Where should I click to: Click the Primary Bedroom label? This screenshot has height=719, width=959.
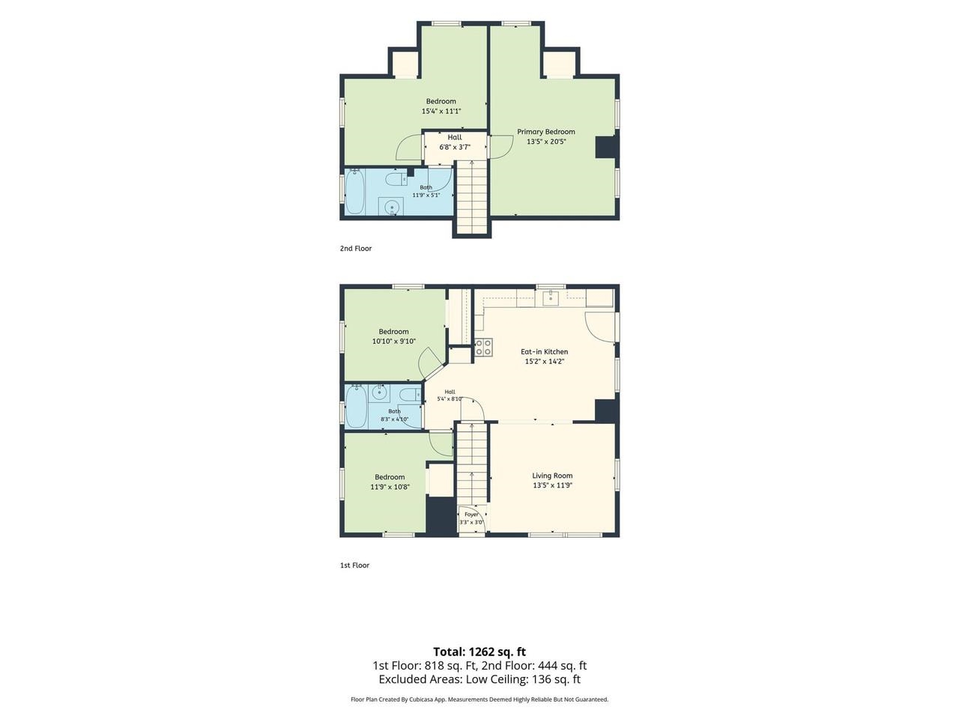point(545,131)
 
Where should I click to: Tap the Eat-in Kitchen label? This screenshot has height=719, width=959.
point(544,351)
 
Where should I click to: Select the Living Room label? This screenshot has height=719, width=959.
point(552,476)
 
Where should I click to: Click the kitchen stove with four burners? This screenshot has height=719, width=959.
point(484,348)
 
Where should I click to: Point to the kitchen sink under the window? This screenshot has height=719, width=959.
point(551,299)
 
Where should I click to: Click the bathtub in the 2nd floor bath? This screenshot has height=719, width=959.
point(354,192)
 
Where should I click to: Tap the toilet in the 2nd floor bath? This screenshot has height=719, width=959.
point(396,179)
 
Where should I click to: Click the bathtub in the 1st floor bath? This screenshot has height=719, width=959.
point(356,407)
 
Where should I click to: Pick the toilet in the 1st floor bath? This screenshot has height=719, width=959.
point(411,395)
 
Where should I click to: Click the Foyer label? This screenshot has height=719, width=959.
point(471,515)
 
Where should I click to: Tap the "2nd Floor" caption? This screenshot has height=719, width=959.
point(356,249)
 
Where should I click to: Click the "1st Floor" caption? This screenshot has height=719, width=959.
point(354,565)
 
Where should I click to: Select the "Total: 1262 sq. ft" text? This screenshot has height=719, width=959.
point(479,652)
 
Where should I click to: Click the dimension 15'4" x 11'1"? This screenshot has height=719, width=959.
point(441,111)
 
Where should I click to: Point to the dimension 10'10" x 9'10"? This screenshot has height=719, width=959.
point(393,341)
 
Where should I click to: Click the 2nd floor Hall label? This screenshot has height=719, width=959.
point(454,137)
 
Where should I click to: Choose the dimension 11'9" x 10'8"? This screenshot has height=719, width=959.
point(390,487)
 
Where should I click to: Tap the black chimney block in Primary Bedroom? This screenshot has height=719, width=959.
point(606,146)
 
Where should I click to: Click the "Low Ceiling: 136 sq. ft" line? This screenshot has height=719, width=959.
point(523,679)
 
